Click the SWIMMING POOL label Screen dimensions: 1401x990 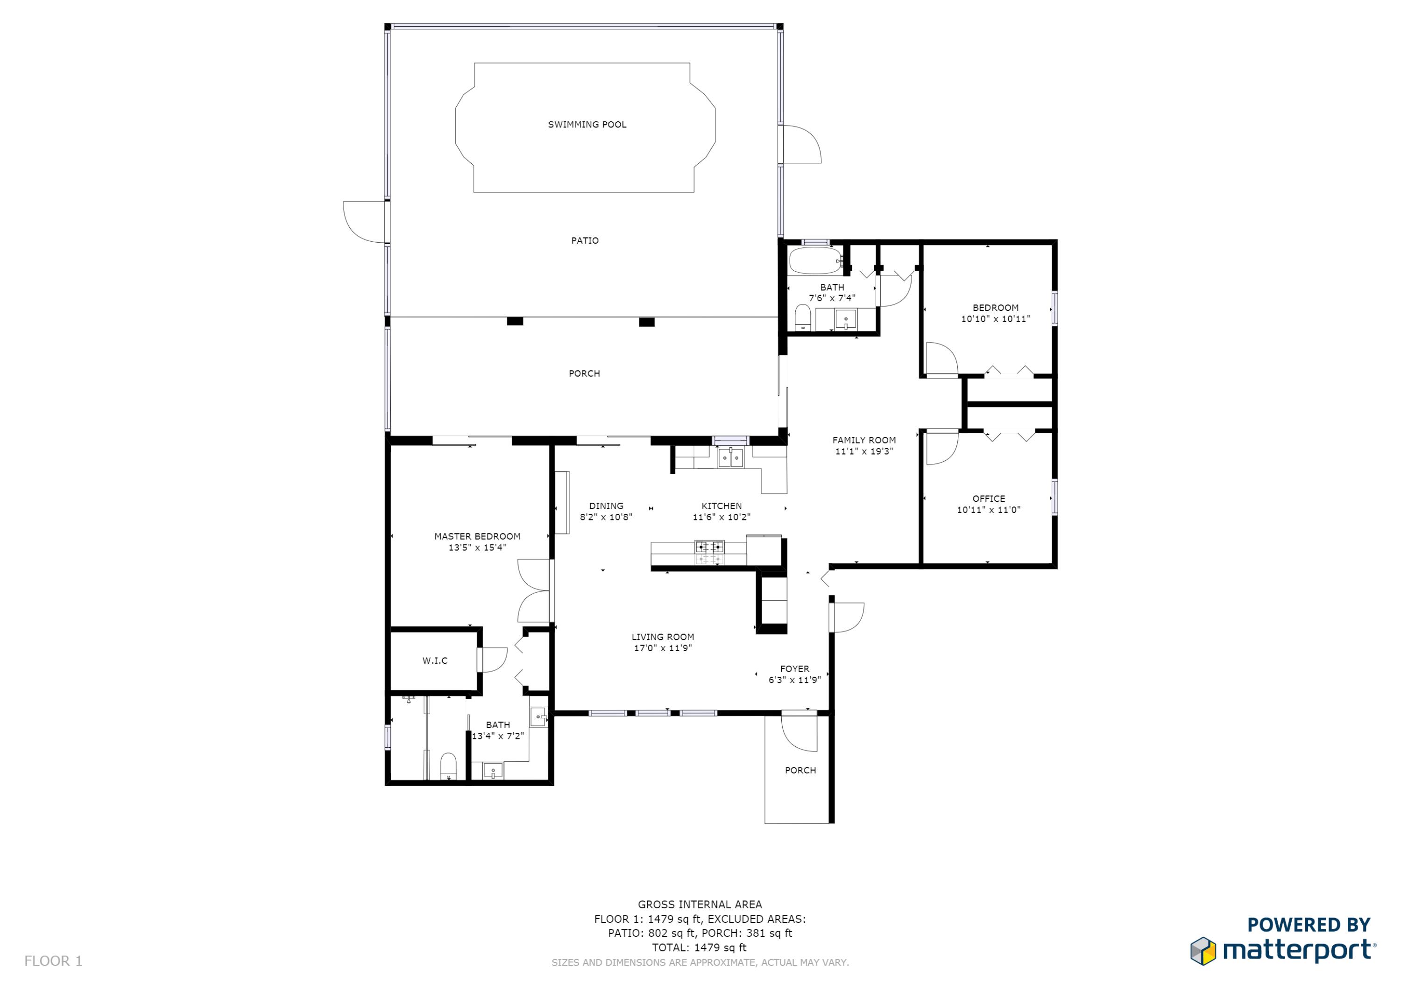tap(587, 125)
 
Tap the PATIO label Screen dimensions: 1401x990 tap(585, 240)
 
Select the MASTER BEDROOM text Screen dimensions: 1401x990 tap(477, 536)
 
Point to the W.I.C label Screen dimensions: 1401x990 tap(435, 660)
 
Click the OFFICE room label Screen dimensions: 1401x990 tap(989, 499)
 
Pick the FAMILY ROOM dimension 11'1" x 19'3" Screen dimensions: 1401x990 tap(864, 451)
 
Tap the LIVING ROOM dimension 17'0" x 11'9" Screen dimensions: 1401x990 tap(663, 648)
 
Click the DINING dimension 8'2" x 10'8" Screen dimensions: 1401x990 tap(606, 517)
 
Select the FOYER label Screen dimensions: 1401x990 tap(794, 668)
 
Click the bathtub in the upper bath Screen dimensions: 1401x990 tap(816, 261)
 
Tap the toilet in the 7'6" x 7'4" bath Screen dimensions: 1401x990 tap(803, 318)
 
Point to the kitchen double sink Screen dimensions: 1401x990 tap(730, 457)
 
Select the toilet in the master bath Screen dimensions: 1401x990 tap(448, 766)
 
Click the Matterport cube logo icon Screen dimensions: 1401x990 tap(1203, 951)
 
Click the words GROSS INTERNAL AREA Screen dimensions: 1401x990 tap(700, 905)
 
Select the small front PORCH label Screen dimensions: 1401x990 tap(800, 771)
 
